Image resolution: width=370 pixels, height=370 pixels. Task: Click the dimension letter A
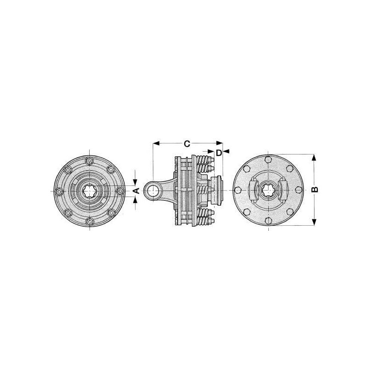136,190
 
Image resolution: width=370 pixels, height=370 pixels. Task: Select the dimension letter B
314,190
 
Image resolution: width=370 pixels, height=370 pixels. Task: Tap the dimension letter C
187,144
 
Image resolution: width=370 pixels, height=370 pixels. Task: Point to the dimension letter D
219,153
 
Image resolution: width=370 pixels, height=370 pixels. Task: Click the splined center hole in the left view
89,191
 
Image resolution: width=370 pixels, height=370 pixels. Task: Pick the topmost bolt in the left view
89,161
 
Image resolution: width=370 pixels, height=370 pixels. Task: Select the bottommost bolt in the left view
89,221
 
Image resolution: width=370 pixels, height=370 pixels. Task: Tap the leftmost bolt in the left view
59,191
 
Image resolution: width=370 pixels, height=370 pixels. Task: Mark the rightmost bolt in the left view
120,191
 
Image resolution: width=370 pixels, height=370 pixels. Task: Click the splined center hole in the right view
268,190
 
